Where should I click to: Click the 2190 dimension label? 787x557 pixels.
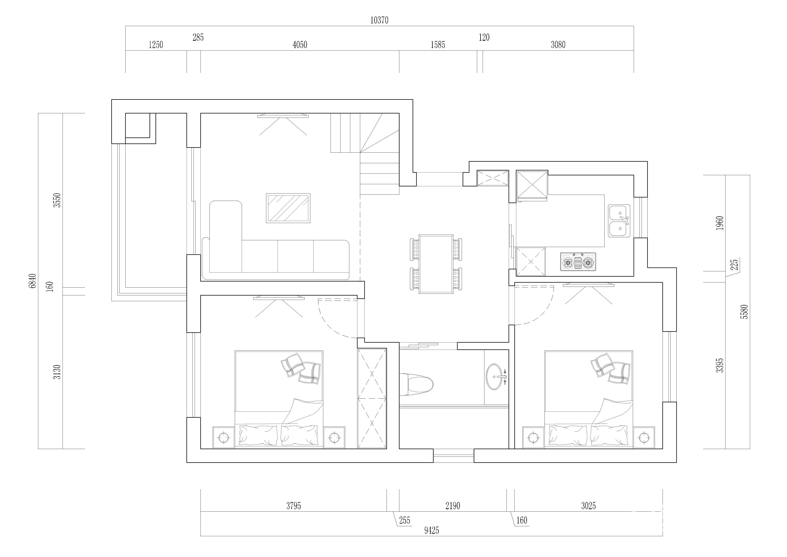(x=453, y=506)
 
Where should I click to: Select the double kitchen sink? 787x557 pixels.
(x=619, y=221)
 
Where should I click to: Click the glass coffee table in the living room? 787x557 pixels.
(x=288, y=208)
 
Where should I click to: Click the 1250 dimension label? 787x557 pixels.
(x=156, y=45)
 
